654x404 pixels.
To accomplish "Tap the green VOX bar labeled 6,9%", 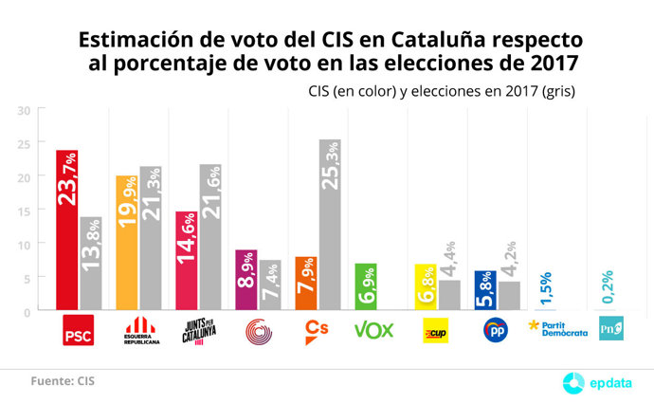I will pyautogui.click(x=366, y=286).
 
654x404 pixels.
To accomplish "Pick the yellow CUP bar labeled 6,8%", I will pyautogui.click(x=426, y=286).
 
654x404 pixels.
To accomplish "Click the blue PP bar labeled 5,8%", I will pyautogui.click(x=485, y=290).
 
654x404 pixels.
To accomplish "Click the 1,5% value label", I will pyautogui.click(x=544, y=284).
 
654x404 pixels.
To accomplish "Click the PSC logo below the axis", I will pyautogui.click(x=78, y=332).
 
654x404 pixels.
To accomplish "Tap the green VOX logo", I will pyautogui.click(x=373, y=331).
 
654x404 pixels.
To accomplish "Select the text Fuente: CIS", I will pyautogui.click(x=62, y=380).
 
